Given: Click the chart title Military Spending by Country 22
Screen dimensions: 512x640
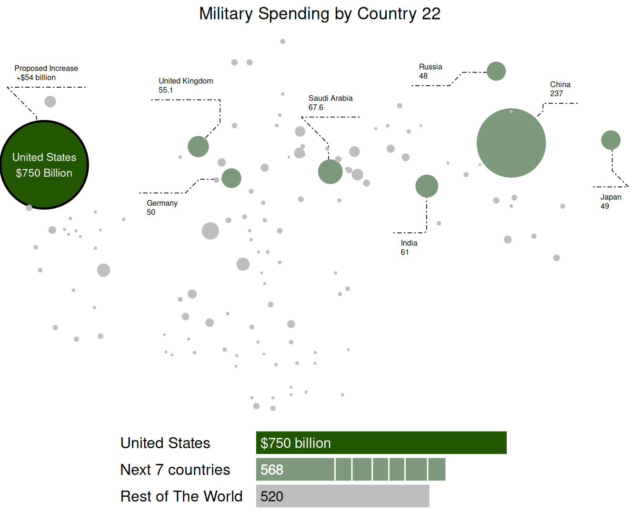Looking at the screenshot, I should [x=320, y=14].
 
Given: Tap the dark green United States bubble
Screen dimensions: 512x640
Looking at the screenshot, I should [x=44, y=165].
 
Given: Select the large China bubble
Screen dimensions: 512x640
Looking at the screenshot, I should [x=511, y=143].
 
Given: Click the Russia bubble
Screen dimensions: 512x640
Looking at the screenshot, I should [x=496, y=71].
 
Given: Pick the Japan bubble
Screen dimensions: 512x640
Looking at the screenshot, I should [x=610, y=140].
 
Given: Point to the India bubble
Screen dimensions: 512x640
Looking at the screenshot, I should [x=427, y=186].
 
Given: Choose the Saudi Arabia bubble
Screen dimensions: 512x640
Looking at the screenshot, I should [x=330, y=171].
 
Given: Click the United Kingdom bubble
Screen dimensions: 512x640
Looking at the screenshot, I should [x=198, y=146].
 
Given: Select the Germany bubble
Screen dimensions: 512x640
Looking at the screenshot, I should [x=231, y=178].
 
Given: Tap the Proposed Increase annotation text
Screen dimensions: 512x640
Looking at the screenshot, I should [x=46, y=73].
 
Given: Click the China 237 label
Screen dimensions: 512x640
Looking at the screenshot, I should [x=560, y=89].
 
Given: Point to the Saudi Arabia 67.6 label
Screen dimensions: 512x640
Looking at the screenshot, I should [x=330, y=102].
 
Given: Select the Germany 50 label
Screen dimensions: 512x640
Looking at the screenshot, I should [x=162, y=208].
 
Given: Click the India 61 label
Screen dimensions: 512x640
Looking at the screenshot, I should [x=409, y=248].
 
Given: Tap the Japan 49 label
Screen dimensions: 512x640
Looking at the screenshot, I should [x=610, y=201].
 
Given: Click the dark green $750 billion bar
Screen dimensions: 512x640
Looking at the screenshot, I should [x=381, y=442].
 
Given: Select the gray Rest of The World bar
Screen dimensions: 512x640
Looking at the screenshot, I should [x=342, y=496].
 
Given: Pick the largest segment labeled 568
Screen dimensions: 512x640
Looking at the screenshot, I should [x=295, y=470].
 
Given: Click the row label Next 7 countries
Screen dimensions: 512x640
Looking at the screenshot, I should [x=175, y=470].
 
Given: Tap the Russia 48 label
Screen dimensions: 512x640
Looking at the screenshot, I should [x=430, y=71].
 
